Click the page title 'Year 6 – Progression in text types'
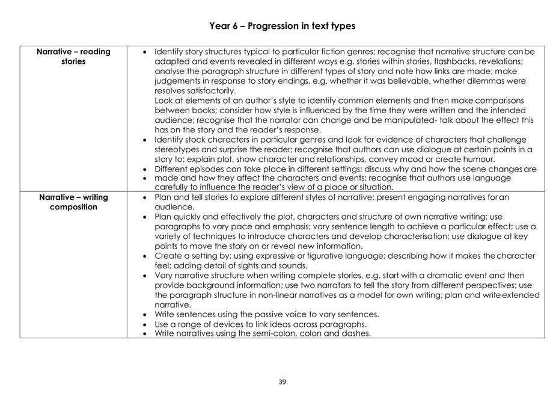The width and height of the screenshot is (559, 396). (282, 26)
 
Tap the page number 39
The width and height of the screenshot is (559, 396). (282, 382)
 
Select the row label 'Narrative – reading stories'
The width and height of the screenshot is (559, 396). (73, 57)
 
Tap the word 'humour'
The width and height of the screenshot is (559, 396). (478, 159)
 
